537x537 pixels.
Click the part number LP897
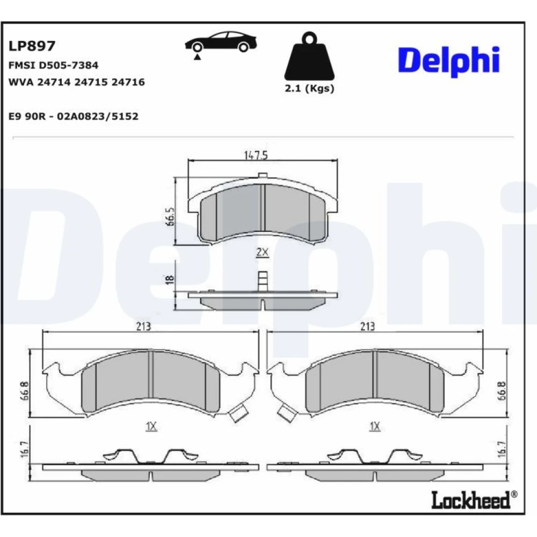(32, 46)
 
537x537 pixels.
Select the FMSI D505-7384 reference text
(53, 65)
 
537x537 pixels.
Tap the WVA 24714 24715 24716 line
(77, 82)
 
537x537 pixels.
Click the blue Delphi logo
(448, 61)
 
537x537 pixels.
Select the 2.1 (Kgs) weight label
(309, 89)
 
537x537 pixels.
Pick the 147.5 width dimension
(256, 155)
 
